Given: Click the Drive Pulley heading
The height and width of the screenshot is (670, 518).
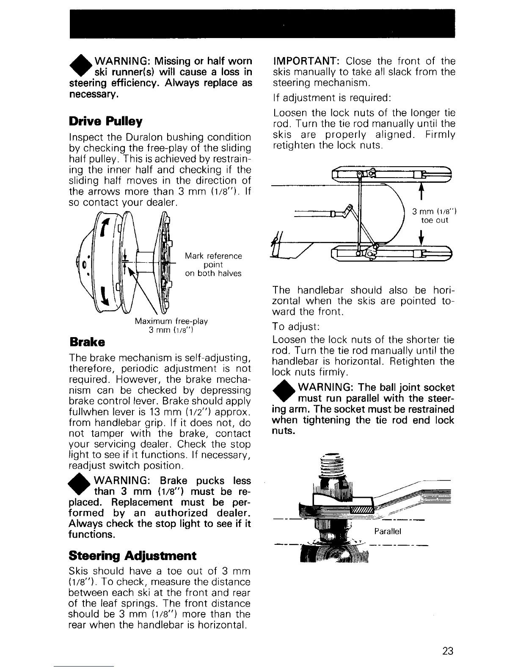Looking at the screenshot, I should pyautogui.click(x=105, y=122).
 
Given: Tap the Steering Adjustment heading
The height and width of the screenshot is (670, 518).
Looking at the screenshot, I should pyautogui.click(x=132, y=555).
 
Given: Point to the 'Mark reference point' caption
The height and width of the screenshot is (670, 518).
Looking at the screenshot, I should pyautogui.click(x=213, y=264).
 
